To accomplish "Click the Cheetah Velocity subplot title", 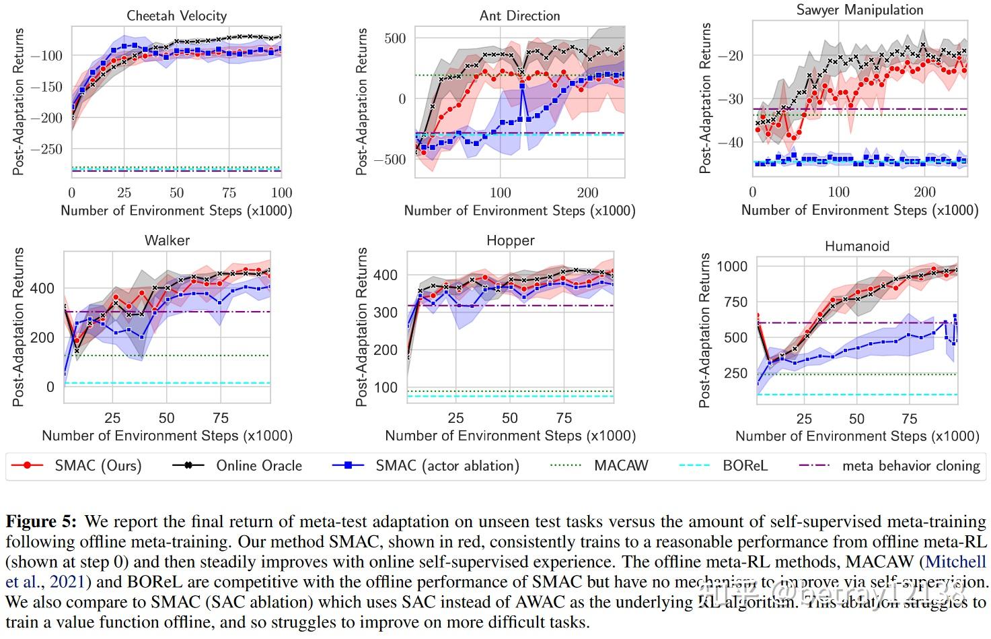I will pos(176,15).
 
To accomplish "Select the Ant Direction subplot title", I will pos(519,15).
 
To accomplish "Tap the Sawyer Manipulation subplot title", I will pos(859,9).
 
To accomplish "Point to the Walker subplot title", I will pos(167,240).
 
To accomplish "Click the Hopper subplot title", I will pos(510,240).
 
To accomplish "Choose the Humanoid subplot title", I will pos(856,246).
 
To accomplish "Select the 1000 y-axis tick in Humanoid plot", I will pos(731,266).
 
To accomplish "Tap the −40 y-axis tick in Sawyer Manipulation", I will pos(730,142).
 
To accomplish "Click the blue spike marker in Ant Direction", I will pos(522,86).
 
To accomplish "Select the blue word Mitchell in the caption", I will pos(955,562).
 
